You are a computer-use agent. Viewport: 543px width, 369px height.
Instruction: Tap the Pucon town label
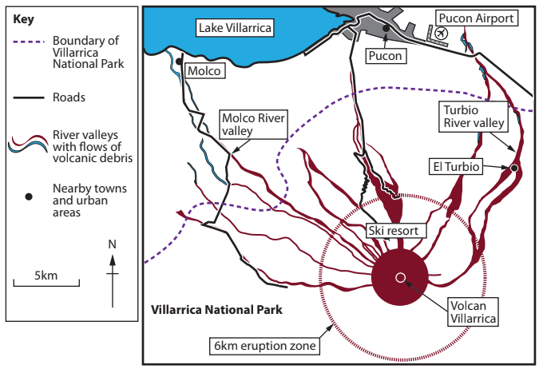[x=386, y=55]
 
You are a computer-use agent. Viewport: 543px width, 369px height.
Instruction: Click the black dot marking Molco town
[x=179, y=61]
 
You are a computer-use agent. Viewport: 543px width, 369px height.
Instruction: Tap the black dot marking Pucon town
[x=385, y=29]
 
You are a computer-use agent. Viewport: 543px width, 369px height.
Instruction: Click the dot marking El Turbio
[x=514, y=169]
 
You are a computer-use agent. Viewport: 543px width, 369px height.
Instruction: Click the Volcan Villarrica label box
[x=474, y=310]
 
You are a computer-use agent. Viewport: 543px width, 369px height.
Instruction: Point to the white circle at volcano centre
[x=400, y=277]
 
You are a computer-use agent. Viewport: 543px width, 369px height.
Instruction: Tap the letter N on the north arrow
[x=113, y=243]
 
